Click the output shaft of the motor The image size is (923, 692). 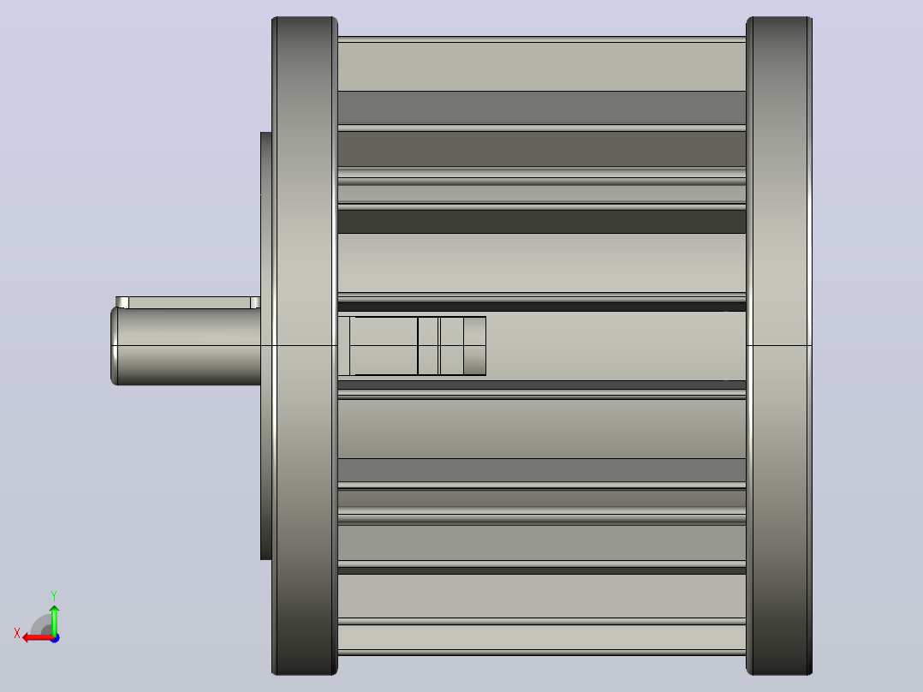point(186,346)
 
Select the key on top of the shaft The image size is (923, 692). point(188,302)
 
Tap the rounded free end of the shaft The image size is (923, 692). point(114,346)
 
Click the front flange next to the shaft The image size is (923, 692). point(304,346)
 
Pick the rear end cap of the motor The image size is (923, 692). point(779,346)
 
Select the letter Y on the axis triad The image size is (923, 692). point(54,595)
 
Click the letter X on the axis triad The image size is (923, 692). point(17,633)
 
